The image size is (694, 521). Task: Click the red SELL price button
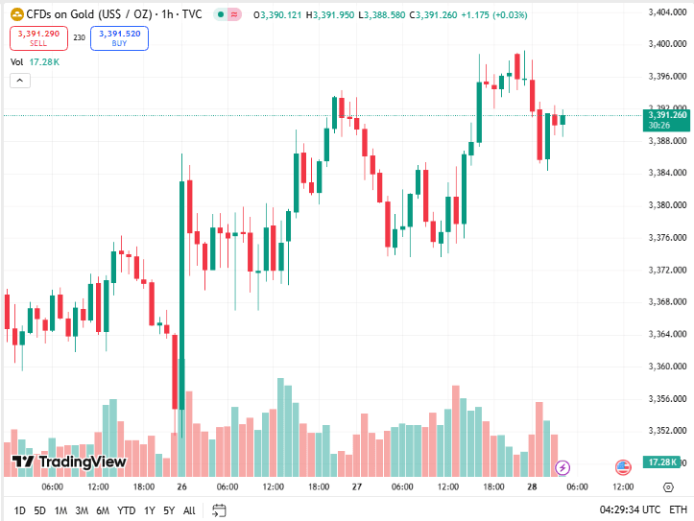click(x=38, y=38)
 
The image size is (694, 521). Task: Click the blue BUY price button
click(x=119, y=38)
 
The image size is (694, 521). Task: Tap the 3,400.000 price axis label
click(x=666, y=44)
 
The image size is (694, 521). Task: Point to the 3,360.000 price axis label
click(x=666, y=367)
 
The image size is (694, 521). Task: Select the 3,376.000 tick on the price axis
click(x=666, y=238)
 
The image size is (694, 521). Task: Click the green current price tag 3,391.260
click(x=667, y=119)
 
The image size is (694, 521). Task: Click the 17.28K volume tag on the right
click(x=663, y=462)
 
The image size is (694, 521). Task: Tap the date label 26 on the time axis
click(x=181, y=487)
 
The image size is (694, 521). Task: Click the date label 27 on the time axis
click(x=356, y=487)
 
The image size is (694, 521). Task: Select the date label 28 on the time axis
click(x=531, y=487)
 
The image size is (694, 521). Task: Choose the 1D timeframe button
click(x=19, y=510)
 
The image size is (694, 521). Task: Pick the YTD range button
click(x=126, y=510)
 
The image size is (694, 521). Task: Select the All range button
click(x=189, y=510)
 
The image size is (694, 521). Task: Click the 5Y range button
click(x=168, y=510)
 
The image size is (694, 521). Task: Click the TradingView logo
click(x=69, y=462)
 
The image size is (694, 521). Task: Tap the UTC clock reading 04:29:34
click(x=630, y=510)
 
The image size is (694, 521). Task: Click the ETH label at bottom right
click(x=678, y=510)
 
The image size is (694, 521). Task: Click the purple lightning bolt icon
click(x=563, y=467)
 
